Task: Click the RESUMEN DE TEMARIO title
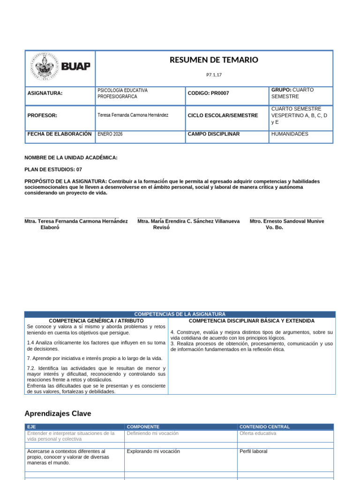[x=213, y=60]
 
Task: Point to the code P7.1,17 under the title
[x=214, y=75]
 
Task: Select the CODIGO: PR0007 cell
[x=208, y=93]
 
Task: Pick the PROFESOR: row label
[x=42, y=115]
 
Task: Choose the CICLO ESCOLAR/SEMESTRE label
[x=223, y=115]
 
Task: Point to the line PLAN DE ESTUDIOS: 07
[x=56, y=169]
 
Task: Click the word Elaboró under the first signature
[x=50, y=227]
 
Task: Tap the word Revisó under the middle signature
[x=161, y=227]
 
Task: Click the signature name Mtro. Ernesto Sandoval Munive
[x=287, y=221]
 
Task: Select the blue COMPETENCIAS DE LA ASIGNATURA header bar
[x=180, y=314]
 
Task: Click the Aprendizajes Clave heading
[x=58, y=413]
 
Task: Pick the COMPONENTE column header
[x=143, y=427]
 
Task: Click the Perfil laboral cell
[x=253, y=451]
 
